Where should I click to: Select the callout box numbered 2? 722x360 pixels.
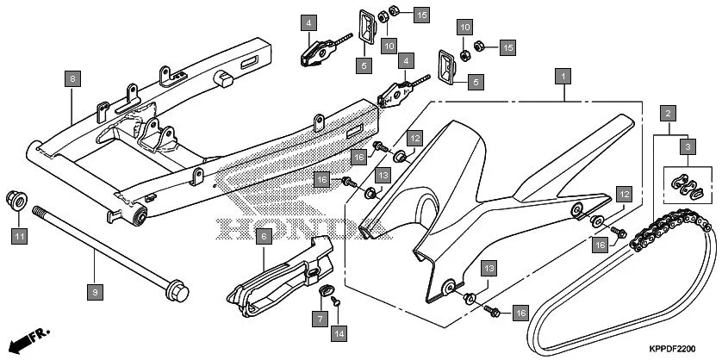(667, 113)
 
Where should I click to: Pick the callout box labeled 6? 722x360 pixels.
(264, 234)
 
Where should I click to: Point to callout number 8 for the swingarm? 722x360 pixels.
(72, 79)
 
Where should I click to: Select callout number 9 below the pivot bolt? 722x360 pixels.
(95, 269)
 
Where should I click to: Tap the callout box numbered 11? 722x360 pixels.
(19, 233)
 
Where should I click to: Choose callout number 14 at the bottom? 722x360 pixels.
(339, 332)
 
